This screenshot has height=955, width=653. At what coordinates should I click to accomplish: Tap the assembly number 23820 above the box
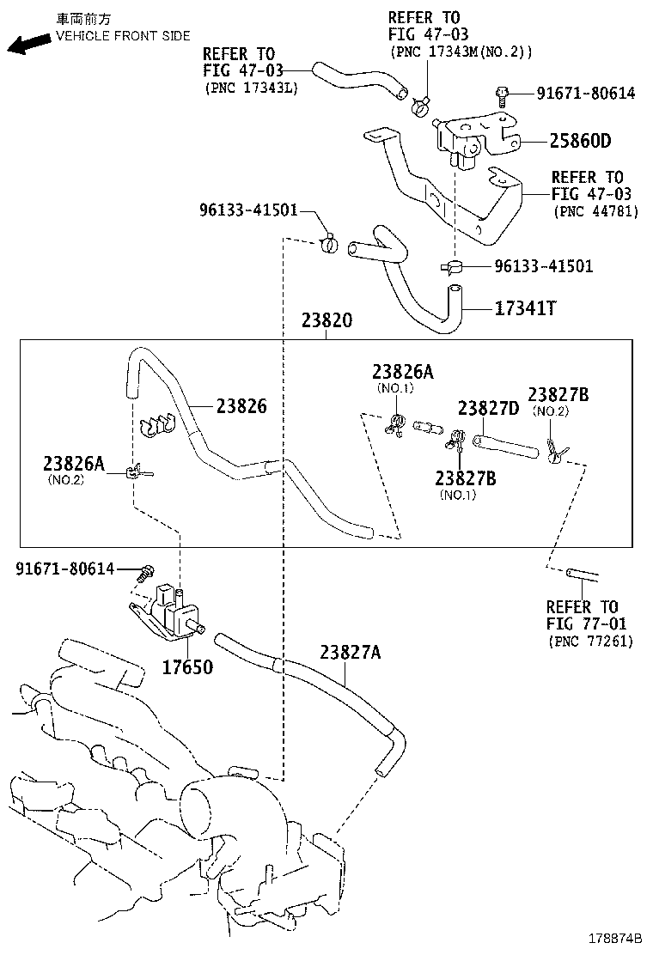326,321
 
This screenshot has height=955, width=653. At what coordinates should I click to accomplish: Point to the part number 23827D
488,408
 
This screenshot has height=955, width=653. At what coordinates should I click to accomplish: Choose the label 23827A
350,653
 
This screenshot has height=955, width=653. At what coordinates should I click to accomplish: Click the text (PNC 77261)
589,641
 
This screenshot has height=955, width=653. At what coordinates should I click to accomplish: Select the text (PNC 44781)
595,211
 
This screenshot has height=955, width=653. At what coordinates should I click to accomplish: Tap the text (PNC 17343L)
251,88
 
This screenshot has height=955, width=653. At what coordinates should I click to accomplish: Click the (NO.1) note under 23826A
395,388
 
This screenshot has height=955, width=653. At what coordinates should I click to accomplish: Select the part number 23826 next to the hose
241,406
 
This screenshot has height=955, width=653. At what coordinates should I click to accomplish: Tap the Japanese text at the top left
84,18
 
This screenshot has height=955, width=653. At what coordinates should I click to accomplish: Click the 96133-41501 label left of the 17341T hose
248,211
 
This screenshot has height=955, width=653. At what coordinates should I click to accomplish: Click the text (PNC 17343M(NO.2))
461,52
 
